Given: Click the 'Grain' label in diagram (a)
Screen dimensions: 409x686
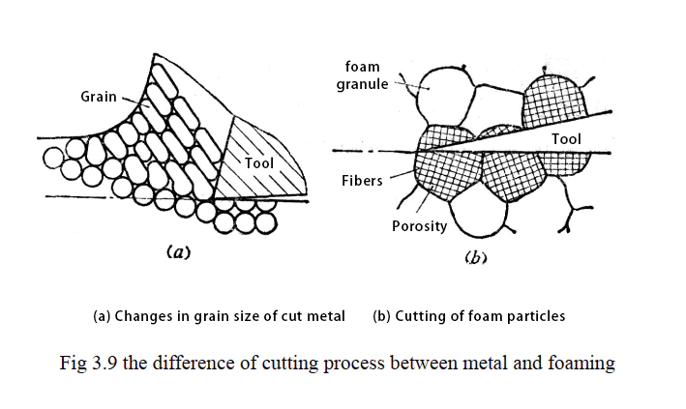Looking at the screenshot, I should click(100, 97).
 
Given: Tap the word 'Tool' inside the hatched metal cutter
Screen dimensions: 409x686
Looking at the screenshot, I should click(259, 162).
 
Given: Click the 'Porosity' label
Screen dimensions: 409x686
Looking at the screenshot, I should click(418, 226).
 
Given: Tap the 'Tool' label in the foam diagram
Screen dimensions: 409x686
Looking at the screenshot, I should click(566, 139).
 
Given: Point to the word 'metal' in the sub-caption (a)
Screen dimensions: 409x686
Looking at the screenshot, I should click(326, 316).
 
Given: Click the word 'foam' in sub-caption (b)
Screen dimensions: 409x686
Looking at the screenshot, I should click(481, 316).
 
